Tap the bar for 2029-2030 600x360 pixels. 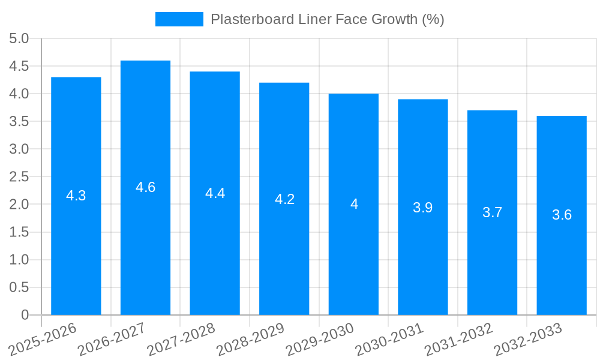[x=353, y=252]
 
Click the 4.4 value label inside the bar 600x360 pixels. [x=215, y=193]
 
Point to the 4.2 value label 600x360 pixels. [x=284, y=199]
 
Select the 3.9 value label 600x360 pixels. [x=423, y=208]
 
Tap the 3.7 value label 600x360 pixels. [x=492, y=212]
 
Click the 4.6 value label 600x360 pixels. [x=145, y=187]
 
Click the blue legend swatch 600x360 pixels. [x=179, y=19]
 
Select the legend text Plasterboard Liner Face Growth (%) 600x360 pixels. [x=327, y=19]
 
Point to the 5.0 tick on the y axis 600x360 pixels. [x=19, y=39]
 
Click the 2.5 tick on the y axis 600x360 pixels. [x=19, y=177]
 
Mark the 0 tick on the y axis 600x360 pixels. [x=25, y=315]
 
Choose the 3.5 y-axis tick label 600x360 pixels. [x=19, y=122]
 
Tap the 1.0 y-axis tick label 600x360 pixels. [x=19, y=260]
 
